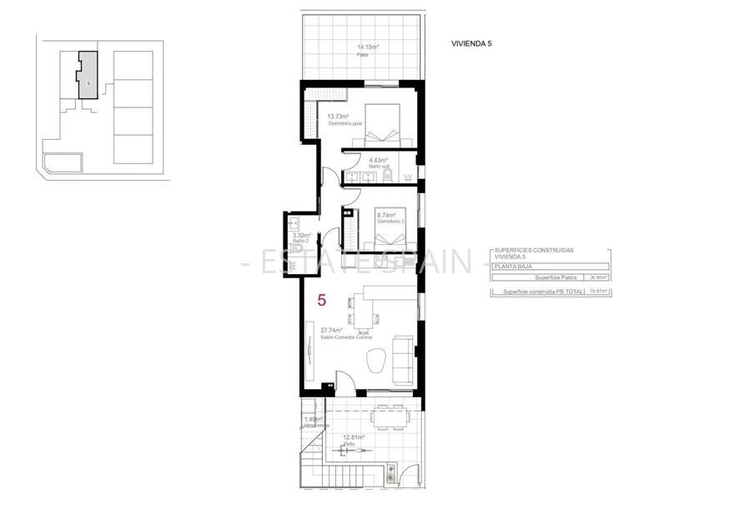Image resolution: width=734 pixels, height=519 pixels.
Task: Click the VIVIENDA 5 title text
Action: coord(471,43)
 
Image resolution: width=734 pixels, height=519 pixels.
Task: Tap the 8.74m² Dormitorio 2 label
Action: coord(390,218)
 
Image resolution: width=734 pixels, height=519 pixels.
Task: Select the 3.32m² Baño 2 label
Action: coord(304,237)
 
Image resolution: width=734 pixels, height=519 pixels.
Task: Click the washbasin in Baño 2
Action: coord(294,223)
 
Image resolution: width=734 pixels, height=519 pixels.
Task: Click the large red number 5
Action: coord(321,300)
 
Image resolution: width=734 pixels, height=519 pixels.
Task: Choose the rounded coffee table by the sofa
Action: coord(375,360)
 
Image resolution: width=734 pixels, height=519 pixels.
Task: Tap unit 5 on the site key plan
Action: coord(88,77)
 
